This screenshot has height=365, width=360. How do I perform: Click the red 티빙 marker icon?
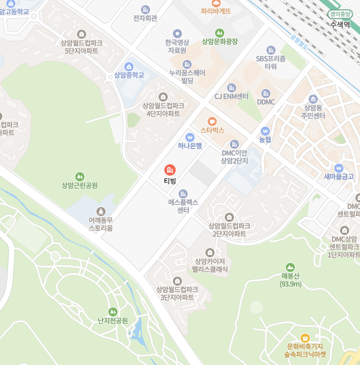click(x=170, y=170)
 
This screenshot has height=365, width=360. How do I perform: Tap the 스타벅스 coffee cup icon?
click(x=212, y=121)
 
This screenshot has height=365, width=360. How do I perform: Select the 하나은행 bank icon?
click(x=190, y=136)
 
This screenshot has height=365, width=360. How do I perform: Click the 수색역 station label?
click(x=339, y=25)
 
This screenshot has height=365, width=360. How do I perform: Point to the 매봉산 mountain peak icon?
click(x=290, y=267)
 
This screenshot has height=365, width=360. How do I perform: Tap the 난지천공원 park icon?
click(x=112, y=311)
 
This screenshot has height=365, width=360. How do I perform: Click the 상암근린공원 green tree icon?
click(x=80, y=176)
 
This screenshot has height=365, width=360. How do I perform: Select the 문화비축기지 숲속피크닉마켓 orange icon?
click(x=305, y=338)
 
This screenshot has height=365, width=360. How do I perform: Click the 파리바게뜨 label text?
click(x=216, y=11)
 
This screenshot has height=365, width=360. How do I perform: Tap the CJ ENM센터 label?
click(x=231, y=96)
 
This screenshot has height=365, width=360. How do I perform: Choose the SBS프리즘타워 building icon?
click(x=270, y=50)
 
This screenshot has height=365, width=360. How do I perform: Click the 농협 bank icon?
click(x=265, y=131)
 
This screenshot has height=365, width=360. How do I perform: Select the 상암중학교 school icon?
click(x=129, y=66)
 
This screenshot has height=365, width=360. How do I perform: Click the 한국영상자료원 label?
click(x=177, y=46)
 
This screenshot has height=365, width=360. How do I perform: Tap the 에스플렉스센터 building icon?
click(x=183, y=194)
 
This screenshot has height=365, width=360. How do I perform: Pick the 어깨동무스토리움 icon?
click(x=101, y=212)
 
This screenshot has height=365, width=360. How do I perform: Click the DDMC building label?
click(x=266, y=102)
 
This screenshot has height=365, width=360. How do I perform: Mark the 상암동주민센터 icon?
click(x=313, y=99)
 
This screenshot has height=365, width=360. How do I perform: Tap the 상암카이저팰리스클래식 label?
click(x=210, y=265)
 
